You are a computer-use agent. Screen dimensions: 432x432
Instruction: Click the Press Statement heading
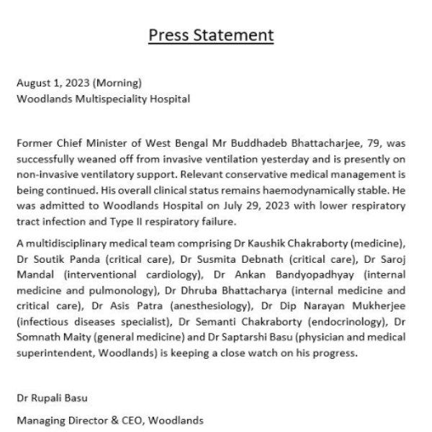[211, 35]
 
